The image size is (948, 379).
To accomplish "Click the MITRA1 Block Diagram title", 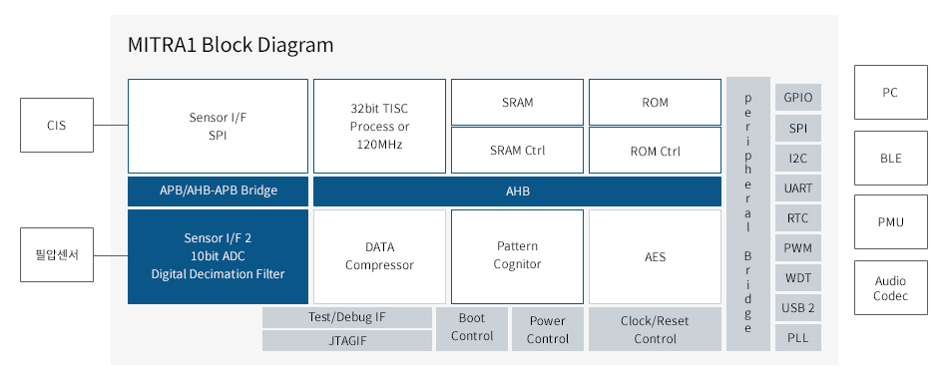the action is (231, 45).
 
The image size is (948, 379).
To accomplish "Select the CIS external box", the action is (57, 125).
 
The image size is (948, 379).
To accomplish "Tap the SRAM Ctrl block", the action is (518, 151).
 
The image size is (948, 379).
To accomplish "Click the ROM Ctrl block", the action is (655, 151).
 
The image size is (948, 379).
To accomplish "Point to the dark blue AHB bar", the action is (518, 191).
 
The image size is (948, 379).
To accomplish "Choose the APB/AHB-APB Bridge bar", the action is (218, 191).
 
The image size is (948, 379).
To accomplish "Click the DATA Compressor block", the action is (379, 257).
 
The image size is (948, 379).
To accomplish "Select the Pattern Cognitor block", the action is (518, 257).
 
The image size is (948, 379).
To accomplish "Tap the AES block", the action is (655, 257).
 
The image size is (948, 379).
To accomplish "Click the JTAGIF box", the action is (347, 341).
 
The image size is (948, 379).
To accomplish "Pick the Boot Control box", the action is (472, 329).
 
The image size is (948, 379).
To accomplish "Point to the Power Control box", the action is (548, 329).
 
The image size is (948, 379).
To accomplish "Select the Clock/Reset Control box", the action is (655, 329).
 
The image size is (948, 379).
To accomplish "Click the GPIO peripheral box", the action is (798, 98).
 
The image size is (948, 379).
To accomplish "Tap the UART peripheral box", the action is (798, 188).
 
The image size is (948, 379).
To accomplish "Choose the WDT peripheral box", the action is (798, 278).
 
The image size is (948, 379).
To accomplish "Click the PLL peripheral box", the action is (798, 338).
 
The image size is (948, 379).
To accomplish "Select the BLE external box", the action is (890, 158).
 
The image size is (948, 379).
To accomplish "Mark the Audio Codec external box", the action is (890, 287).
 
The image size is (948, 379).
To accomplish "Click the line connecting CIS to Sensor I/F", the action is (111, 125).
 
